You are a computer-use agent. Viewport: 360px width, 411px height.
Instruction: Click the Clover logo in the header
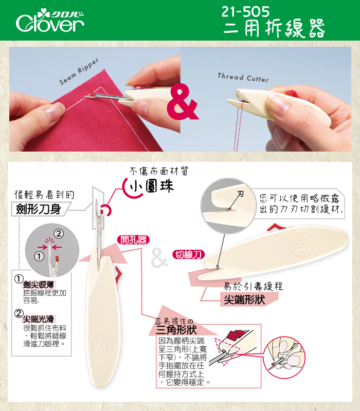tap(50, 21)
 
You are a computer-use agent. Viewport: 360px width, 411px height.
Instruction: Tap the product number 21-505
tap(246, 11)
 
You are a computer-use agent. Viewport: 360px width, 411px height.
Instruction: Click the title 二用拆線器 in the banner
tap(274, 28)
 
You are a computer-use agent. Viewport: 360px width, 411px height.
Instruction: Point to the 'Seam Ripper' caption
tap(79, 71)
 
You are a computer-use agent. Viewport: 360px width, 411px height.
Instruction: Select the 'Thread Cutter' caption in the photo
tap(243, 78)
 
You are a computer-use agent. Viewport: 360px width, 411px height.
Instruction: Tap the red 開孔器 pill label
tap(133, 239)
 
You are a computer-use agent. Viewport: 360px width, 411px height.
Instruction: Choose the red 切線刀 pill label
tap(189, 254)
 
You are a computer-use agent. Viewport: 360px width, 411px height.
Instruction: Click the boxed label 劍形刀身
tap(39, 209)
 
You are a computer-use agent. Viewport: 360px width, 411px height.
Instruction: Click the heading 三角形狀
tap(176, 330)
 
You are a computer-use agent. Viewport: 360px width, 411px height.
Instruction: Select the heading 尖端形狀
tap(244, 300)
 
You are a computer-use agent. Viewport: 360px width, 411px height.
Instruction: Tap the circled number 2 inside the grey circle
tap(59, 233)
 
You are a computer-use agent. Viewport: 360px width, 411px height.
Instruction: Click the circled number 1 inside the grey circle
tap(39, 256)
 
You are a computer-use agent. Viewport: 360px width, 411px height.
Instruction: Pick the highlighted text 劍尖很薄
tap(38, 285)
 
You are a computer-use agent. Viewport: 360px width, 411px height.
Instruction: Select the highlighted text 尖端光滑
tap(38, 319)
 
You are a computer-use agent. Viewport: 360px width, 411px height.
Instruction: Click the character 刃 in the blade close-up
tap(240, 194)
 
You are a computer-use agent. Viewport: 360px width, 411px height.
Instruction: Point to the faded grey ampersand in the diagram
tap(159, 258)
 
